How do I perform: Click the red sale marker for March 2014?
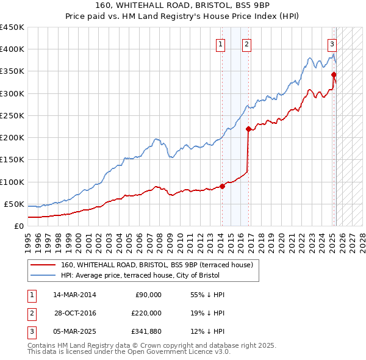point(222,186)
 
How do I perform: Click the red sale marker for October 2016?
point(248,129)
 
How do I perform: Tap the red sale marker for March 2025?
point(334,75)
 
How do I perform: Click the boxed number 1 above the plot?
point(220,44)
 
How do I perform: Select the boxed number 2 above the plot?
point(246,44)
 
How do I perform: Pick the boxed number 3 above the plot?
point(332,44)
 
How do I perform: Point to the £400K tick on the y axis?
point(12,49)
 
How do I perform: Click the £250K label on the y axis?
point(12,115)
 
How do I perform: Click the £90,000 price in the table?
point(148,295)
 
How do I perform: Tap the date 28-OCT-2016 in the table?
point(75,312)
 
